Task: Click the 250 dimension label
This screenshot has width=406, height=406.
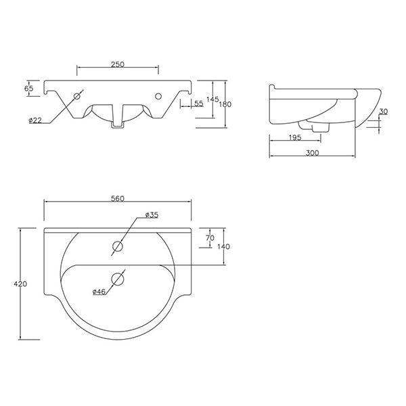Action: (118, 64)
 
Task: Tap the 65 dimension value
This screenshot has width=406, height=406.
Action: (28, 88)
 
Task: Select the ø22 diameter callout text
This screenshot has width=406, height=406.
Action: (35, 120)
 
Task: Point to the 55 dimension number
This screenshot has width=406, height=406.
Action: (199, 104)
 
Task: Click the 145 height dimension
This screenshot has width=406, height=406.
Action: (212, 99)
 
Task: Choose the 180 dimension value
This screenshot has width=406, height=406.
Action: (225, 104)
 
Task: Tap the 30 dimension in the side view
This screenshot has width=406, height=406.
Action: (384, 112)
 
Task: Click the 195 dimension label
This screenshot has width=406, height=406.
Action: (295, 137)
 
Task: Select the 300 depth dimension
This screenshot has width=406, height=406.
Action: (312, 153)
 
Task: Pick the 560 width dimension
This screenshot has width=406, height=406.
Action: (118, 198)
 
